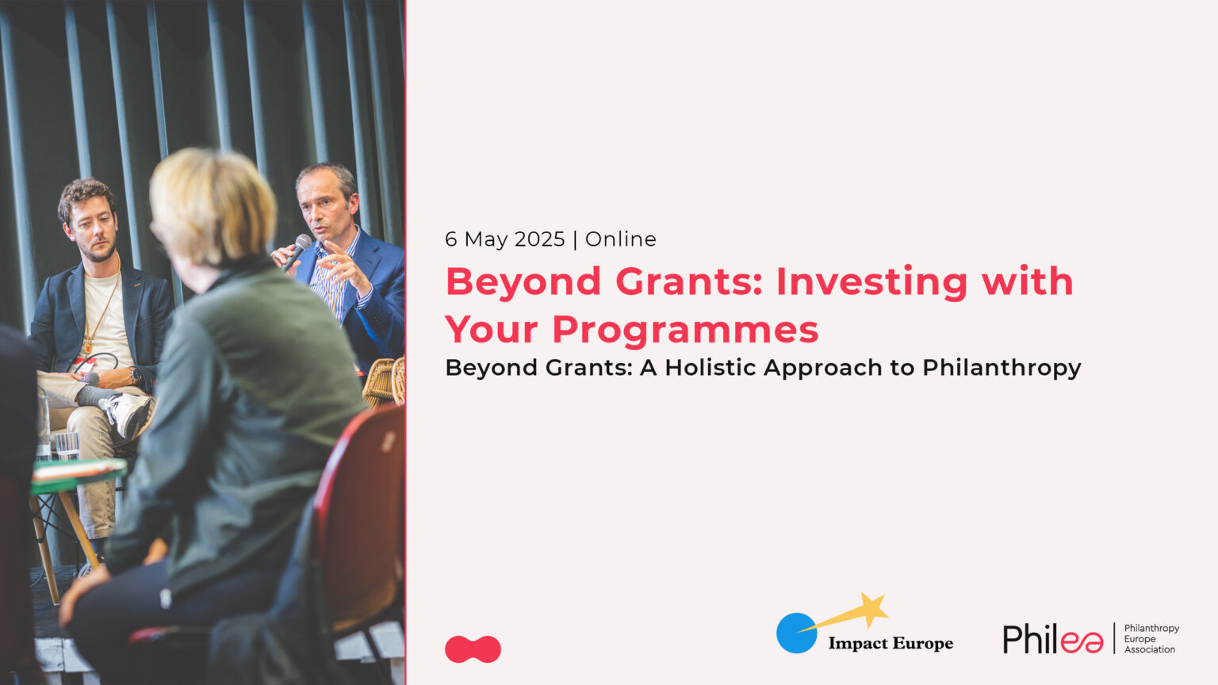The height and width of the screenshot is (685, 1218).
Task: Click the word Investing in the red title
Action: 871,282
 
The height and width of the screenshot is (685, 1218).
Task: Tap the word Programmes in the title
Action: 685,330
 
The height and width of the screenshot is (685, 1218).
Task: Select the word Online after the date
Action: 621,239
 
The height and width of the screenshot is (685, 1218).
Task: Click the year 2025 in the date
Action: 539,239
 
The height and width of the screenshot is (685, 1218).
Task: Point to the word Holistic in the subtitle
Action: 707,368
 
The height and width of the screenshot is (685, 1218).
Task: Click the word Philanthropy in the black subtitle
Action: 1002,368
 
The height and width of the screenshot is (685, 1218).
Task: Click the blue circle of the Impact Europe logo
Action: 796,633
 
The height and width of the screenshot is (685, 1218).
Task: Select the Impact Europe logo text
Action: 891,643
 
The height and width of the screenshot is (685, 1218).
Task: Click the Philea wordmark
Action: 1052,639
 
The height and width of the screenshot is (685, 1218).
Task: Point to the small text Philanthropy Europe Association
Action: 1151,638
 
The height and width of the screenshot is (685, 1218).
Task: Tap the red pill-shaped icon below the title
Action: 473,649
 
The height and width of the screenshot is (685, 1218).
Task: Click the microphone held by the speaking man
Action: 298,247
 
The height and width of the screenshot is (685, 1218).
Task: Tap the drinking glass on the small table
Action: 67,445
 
